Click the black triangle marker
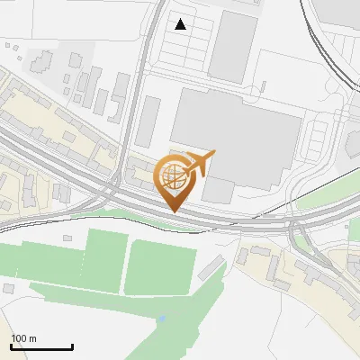181,24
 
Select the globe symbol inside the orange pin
171,175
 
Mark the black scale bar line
41,346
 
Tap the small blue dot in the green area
161,319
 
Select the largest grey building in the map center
237,135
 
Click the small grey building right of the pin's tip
218,190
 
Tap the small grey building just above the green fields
67,238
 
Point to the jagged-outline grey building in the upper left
41,61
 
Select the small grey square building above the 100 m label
9,289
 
